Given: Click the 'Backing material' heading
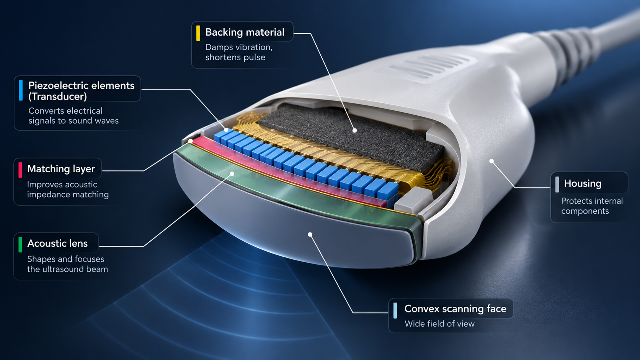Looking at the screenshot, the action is click(x=245, y=32).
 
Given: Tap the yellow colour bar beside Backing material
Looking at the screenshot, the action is click(x=198, y=33).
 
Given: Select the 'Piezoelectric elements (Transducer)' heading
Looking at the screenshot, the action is click(x=82, y=91).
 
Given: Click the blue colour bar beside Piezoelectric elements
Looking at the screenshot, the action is click(x=21, y=90).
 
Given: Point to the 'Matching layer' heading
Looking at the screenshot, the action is click(x=61, y=169).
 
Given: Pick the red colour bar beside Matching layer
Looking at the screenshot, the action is click(x=20, y=170).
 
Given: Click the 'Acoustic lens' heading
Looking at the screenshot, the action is click(x=57, y=243).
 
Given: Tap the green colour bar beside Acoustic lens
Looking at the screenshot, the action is click(x=20, y=244).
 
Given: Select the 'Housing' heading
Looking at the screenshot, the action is click(x=583, y=183).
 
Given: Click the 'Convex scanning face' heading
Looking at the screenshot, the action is click(x=456, y=309).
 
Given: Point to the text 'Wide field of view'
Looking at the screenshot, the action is click(x=439, y=324).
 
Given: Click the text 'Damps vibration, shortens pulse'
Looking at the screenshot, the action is click(x=239, y=52).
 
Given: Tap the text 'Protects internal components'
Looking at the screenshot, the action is click(x=592, y=206).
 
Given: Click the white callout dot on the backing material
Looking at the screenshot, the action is click(x=354, y=130).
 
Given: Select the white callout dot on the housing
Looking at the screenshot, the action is click(x=492, y=161).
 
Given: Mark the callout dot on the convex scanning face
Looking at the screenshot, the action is click(x=310, y=234).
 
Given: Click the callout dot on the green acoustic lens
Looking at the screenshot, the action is click(x=232, y=173).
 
